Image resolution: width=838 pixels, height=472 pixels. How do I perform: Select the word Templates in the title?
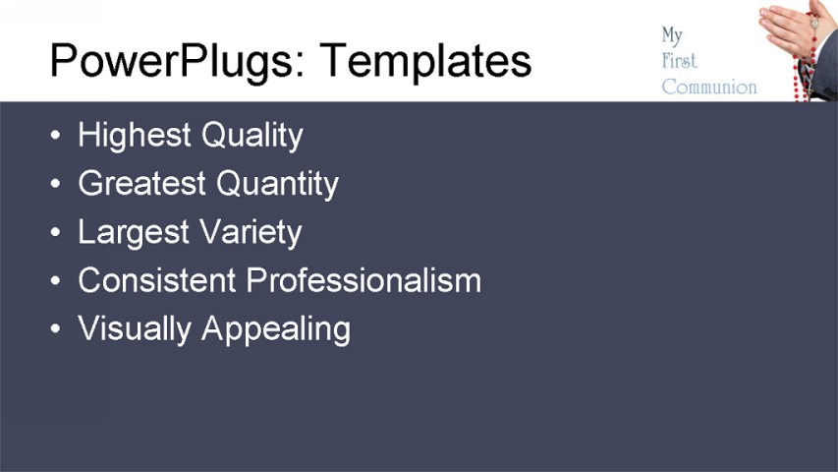[426, 60]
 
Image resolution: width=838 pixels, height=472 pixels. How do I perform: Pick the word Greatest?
[141, 183]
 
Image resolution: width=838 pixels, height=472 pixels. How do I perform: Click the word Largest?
[133, 232]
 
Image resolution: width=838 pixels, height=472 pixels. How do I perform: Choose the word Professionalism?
[363, 280]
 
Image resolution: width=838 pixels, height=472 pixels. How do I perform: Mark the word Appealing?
[276, 328]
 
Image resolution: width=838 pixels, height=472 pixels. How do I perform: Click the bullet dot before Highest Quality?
[57, 136]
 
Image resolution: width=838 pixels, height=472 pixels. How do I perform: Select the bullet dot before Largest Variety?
[57, 233]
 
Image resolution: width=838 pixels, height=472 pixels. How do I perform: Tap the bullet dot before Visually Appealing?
[57, 329]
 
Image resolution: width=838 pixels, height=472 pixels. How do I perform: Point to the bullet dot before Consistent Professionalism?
[57, 281]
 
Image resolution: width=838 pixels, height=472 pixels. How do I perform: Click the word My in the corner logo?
[672, 36]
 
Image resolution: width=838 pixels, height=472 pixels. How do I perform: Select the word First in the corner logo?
[679, 61]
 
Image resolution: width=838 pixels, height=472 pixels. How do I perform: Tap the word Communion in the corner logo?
[709, 87]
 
